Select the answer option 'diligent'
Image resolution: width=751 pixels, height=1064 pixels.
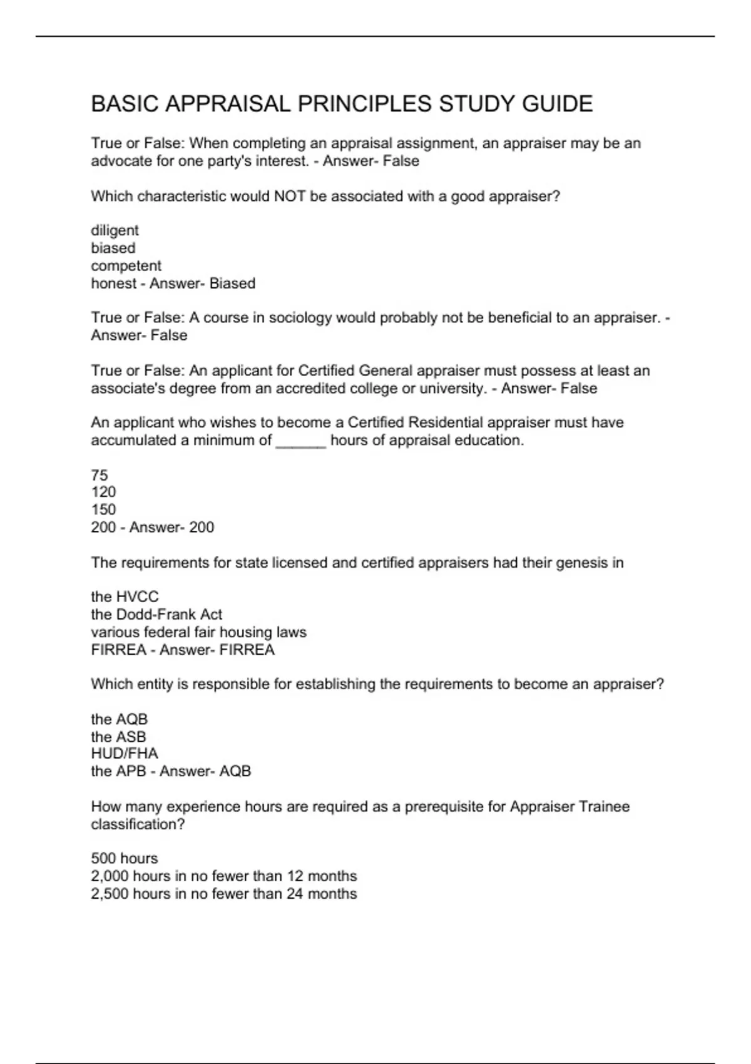(115, 230)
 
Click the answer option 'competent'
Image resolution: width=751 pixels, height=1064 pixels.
(126, 265)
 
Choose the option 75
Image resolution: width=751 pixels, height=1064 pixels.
(100, 475)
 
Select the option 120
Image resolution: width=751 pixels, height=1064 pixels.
(103, 492)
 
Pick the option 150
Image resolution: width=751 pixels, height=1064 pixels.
(103, 509)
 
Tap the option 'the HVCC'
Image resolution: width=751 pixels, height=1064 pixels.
(125, 596)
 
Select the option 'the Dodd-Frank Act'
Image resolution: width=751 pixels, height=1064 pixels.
(156, 614)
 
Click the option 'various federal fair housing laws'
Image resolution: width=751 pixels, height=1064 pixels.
(198, 632)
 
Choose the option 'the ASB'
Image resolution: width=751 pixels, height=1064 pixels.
(118, 737)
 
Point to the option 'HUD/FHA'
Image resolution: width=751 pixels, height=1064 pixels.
(124, 754)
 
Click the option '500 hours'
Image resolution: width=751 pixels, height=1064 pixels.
(124, 858)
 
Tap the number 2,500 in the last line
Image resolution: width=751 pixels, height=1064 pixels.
(110, 894)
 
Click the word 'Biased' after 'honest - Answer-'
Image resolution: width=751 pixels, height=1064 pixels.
(232, 284)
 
